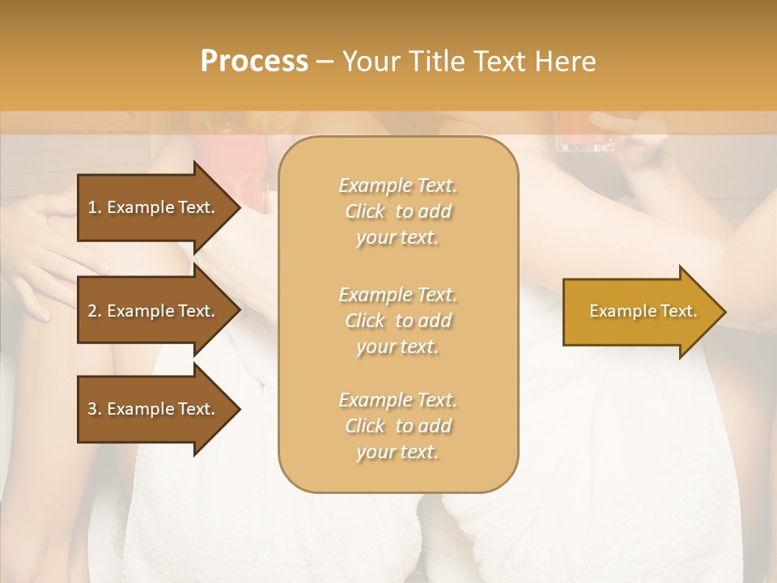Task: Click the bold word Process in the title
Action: [254, 62]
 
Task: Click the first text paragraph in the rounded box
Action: [397, 211]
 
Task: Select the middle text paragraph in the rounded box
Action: [397, 321]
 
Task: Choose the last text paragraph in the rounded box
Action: [397, 426]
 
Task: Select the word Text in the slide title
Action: [498, 62]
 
